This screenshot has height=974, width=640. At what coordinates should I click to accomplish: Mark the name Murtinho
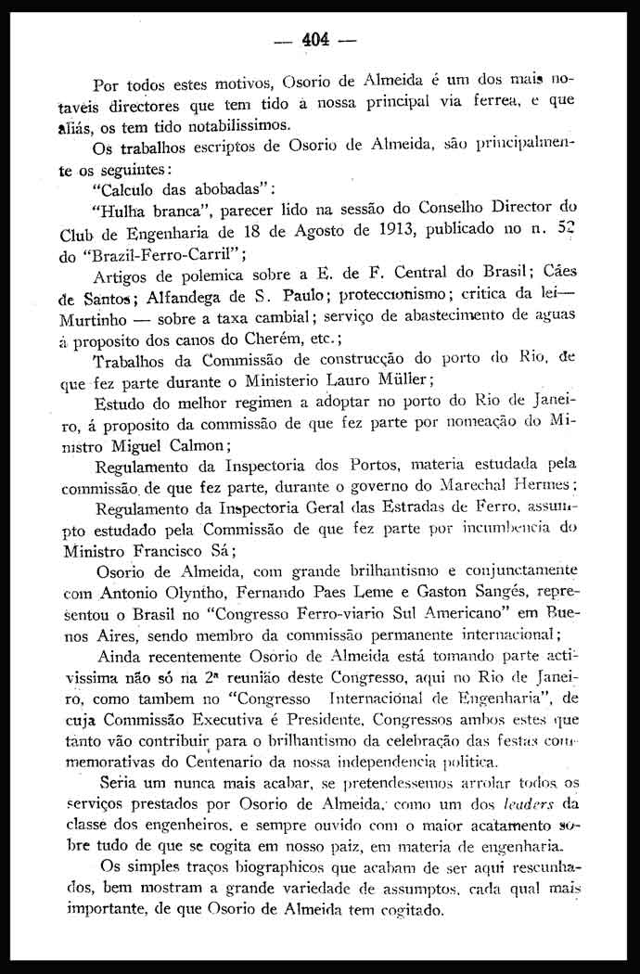click(95, 316)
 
